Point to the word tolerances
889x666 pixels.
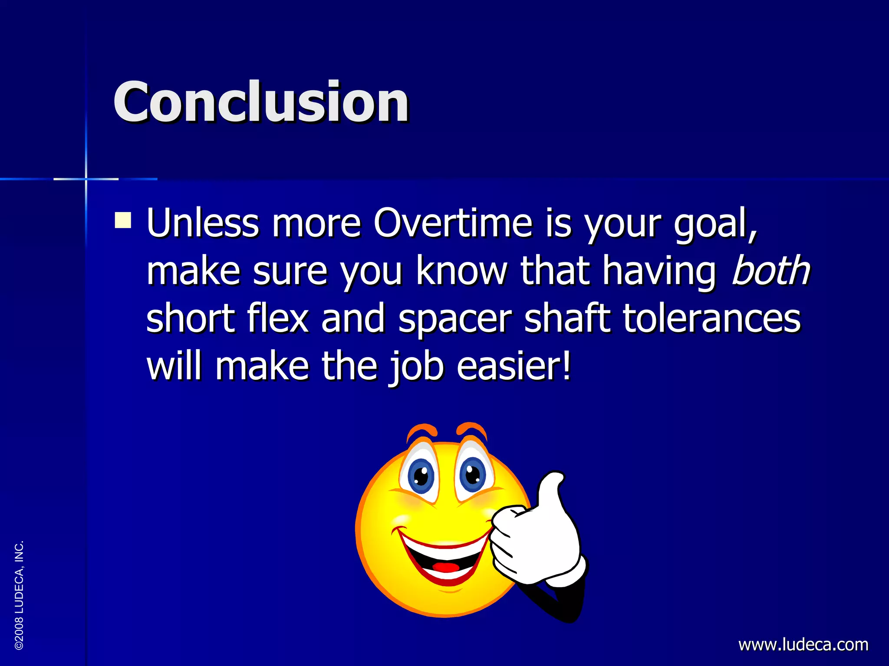click(x=711, y=319)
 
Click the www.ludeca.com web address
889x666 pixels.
click(x=803, y=644)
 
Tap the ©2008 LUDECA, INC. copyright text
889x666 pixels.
click(x=19, y=595)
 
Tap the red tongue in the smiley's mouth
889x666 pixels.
click(x=446, y=567)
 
